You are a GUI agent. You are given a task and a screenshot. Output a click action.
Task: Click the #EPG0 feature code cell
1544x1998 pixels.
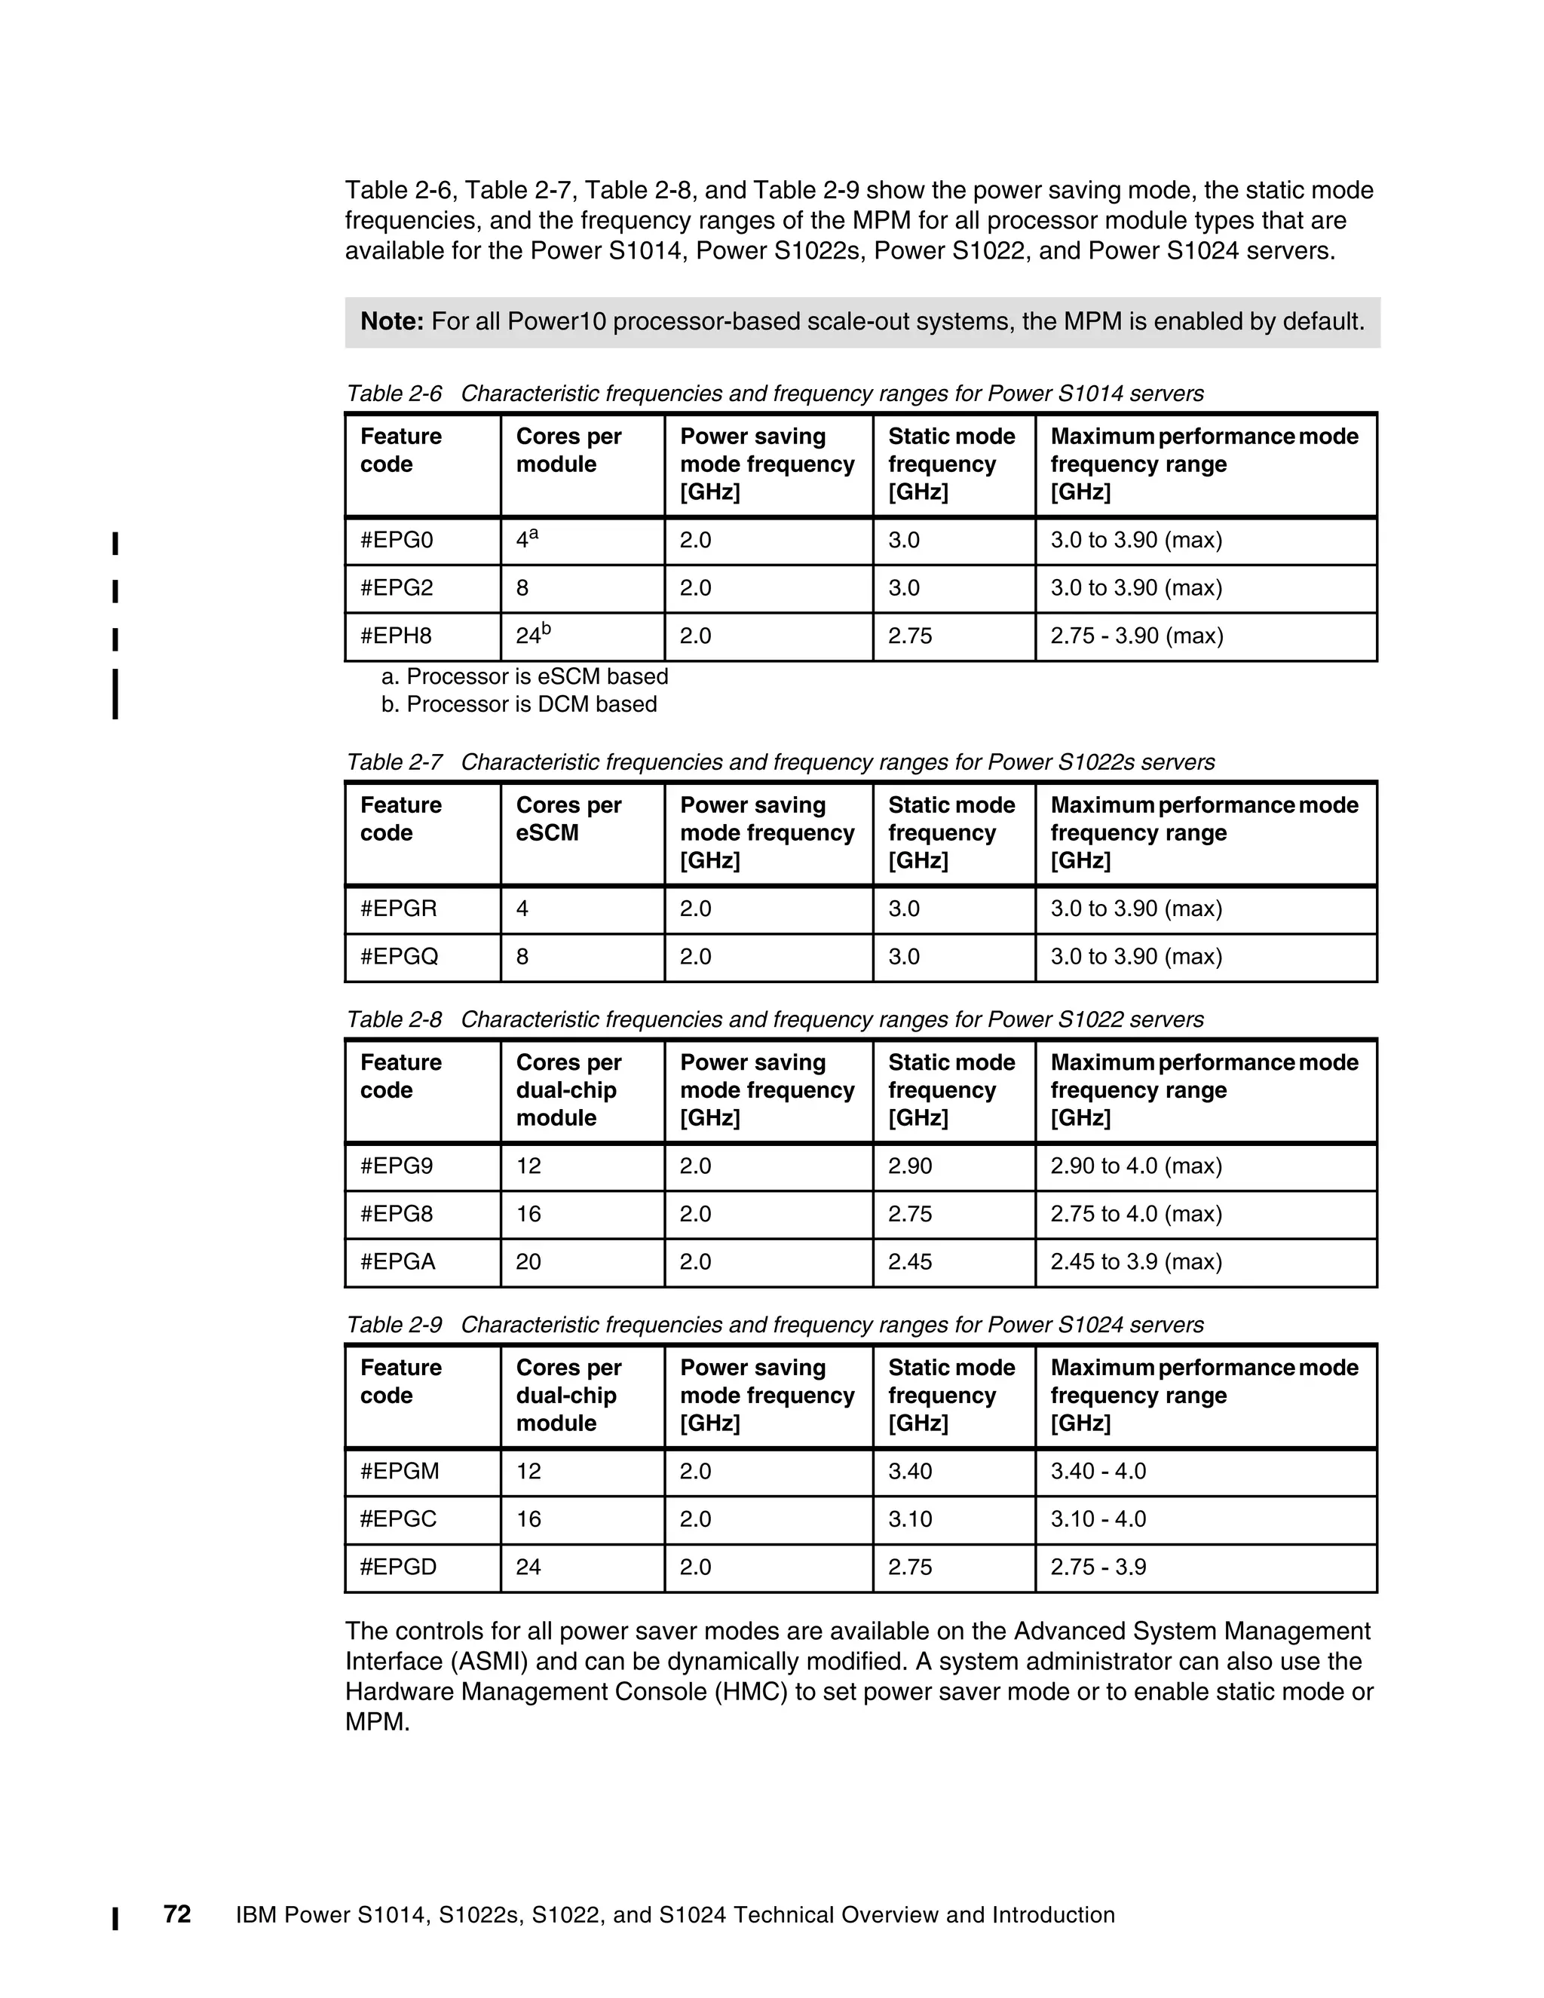pyautogui.click(x=397, y=541)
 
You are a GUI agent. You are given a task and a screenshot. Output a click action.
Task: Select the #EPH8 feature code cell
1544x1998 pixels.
pyautogui.click(x=397, y=636)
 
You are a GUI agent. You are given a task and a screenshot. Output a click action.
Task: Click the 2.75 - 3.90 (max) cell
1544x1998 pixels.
pyautogui.click(x=1136, y=636)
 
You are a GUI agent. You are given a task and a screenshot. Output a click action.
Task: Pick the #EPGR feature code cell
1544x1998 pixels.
pyautogui.click(x=399, y=909)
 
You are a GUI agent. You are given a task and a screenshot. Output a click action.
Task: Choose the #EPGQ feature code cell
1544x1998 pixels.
pyautogui.click(x=400, y=957)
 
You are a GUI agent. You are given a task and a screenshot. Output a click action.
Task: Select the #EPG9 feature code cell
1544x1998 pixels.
pyautogui.click(x=397, y=1166)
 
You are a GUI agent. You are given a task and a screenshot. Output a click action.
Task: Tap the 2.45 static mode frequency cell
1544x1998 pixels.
pyautogui.click(x=909, y=1262)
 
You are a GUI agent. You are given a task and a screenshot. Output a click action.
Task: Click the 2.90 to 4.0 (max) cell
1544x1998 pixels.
pyautogui.click(x=1136, y=1166)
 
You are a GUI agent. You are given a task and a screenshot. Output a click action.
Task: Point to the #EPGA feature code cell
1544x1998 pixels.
pyautogui.click(x=398, y=1262)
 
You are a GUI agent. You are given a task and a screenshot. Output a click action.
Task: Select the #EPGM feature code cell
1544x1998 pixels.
pyautogui.click(x=400, y=1472)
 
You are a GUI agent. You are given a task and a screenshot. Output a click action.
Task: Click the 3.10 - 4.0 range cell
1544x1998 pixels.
pyautogui.click(x=1098, y=1519)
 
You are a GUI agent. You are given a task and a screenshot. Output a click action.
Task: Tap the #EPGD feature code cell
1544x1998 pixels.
pyautogui.click(x=399, y=1567)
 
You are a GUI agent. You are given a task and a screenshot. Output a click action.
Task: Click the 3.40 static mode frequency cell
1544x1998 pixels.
pyautogui.click(x=909, y=1472)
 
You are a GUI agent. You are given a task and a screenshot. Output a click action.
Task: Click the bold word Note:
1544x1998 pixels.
pyautogui.click(x=391, y=322)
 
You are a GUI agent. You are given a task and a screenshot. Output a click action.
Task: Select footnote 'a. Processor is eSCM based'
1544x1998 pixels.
pyautogui.click(x=524, y=677)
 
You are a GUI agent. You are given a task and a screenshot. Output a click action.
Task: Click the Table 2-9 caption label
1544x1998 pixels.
pyautogui.click(x=394, y=1325)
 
